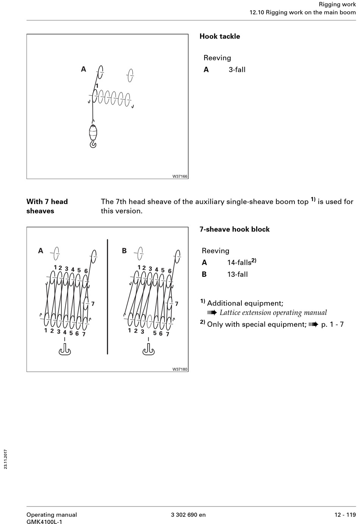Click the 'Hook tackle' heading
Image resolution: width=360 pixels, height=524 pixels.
click(220, 36)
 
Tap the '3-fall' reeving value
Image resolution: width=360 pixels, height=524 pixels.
click(237, 70)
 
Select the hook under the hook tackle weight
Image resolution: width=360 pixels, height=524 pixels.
click(93, 144)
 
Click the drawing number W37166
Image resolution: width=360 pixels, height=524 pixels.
click(180, 176)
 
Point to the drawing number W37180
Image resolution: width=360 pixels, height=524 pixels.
click(180, 369)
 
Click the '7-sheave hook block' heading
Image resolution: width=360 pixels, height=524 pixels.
click(235, 229)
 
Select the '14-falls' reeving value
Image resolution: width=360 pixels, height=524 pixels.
click(241, 262)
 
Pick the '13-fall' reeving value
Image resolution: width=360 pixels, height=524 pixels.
click(237, 274)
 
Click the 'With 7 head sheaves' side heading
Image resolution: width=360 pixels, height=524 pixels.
click(47, 206)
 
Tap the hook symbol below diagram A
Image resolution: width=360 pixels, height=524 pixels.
click(65, 351)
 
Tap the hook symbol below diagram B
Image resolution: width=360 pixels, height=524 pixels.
click(148, 351)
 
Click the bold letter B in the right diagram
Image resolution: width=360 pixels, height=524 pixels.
click(124, 251)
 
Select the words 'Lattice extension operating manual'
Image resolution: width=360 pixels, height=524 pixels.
click(273, 313)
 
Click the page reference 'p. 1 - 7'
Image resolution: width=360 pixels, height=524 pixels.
click(332, 324)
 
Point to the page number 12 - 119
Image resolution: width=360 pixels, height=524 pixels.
click(345, 515)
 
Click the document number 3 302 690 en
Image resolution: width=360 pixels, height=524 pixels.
click(188, 515)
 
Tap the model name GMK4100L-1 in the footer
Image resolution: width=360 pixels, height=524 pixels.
click(44, 521)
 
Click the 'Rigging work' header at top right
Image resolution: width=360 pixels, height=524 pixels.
click(337, 5)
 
